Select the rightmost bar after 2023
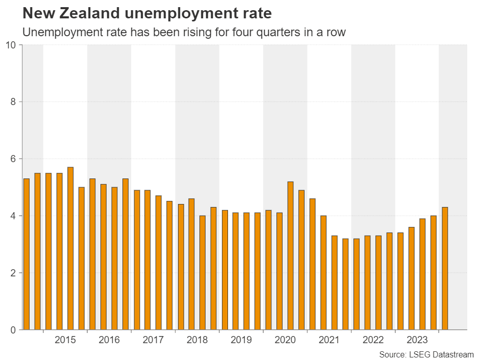pos(445,268)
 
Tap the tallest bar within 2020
pos(291,255)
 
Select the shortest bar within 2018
pos(203,273)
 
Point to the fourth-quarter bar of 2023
pos(434,273)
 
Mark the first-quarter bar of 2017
pos(137,260)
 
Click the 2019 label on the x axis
pos(241,340)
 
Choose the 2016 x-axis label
pos(109,340)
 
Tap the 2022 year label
pos(373,340)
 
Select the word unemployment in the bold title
pos(182,12)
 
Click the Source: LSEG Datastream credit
pos(426,354)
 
